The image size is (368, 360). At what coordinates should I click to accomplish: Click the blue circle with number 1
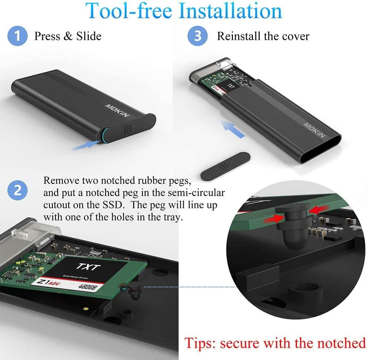(17, 36)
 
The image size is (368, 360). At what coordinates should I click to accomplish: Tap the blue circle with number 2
(17, 191)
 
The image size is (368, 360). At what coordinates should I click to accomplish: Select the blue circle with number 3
(198, 36)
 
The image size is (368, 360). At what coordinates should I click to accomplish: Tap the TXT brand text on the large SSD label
(89, 267)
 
